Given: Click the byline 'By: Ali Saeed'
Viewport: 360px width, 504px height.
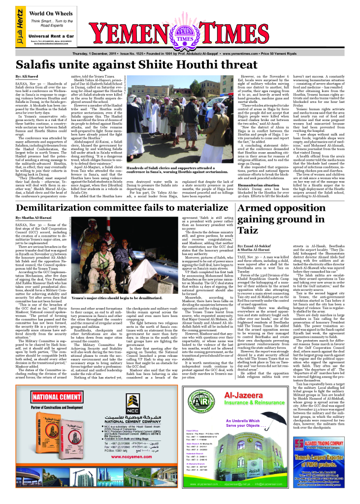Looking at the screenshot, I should pyautogui.click(x=27, y=77).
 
